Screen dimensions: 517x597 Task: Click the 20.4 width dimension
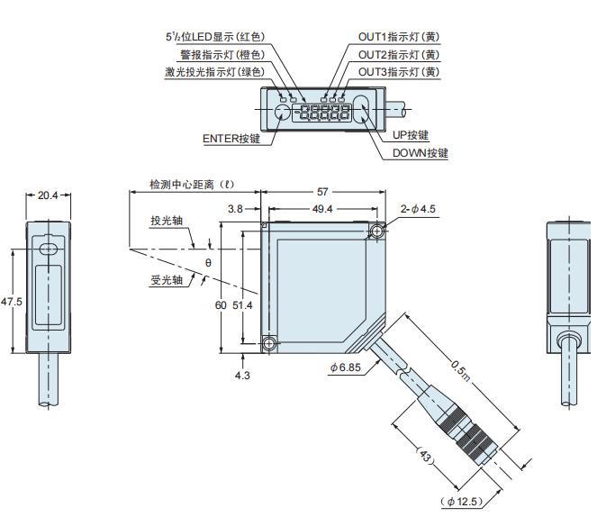point(48,195)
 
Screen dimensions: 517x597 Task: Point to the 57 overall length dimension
point(322,192)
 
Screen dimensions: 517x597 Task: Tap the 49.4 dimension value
point(322,209)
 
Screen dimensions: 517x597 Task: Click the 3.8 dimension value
point(236,209)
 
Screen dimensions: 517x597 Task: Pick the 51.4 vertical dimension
point(243,306)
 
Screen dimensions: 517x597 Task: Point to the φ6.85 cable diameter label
point(345,367)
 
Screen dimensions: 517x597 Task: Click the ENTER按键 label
point(231,139)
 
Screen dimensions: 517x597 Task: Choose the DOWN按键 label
point(420,153)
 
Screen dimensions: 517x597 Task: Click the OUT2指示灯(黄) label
point(399,54)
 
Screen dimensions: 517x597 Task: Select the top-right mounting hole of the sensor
point(376,232)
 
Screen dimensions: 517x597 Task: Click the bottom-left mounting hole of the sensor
point(267,343)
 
